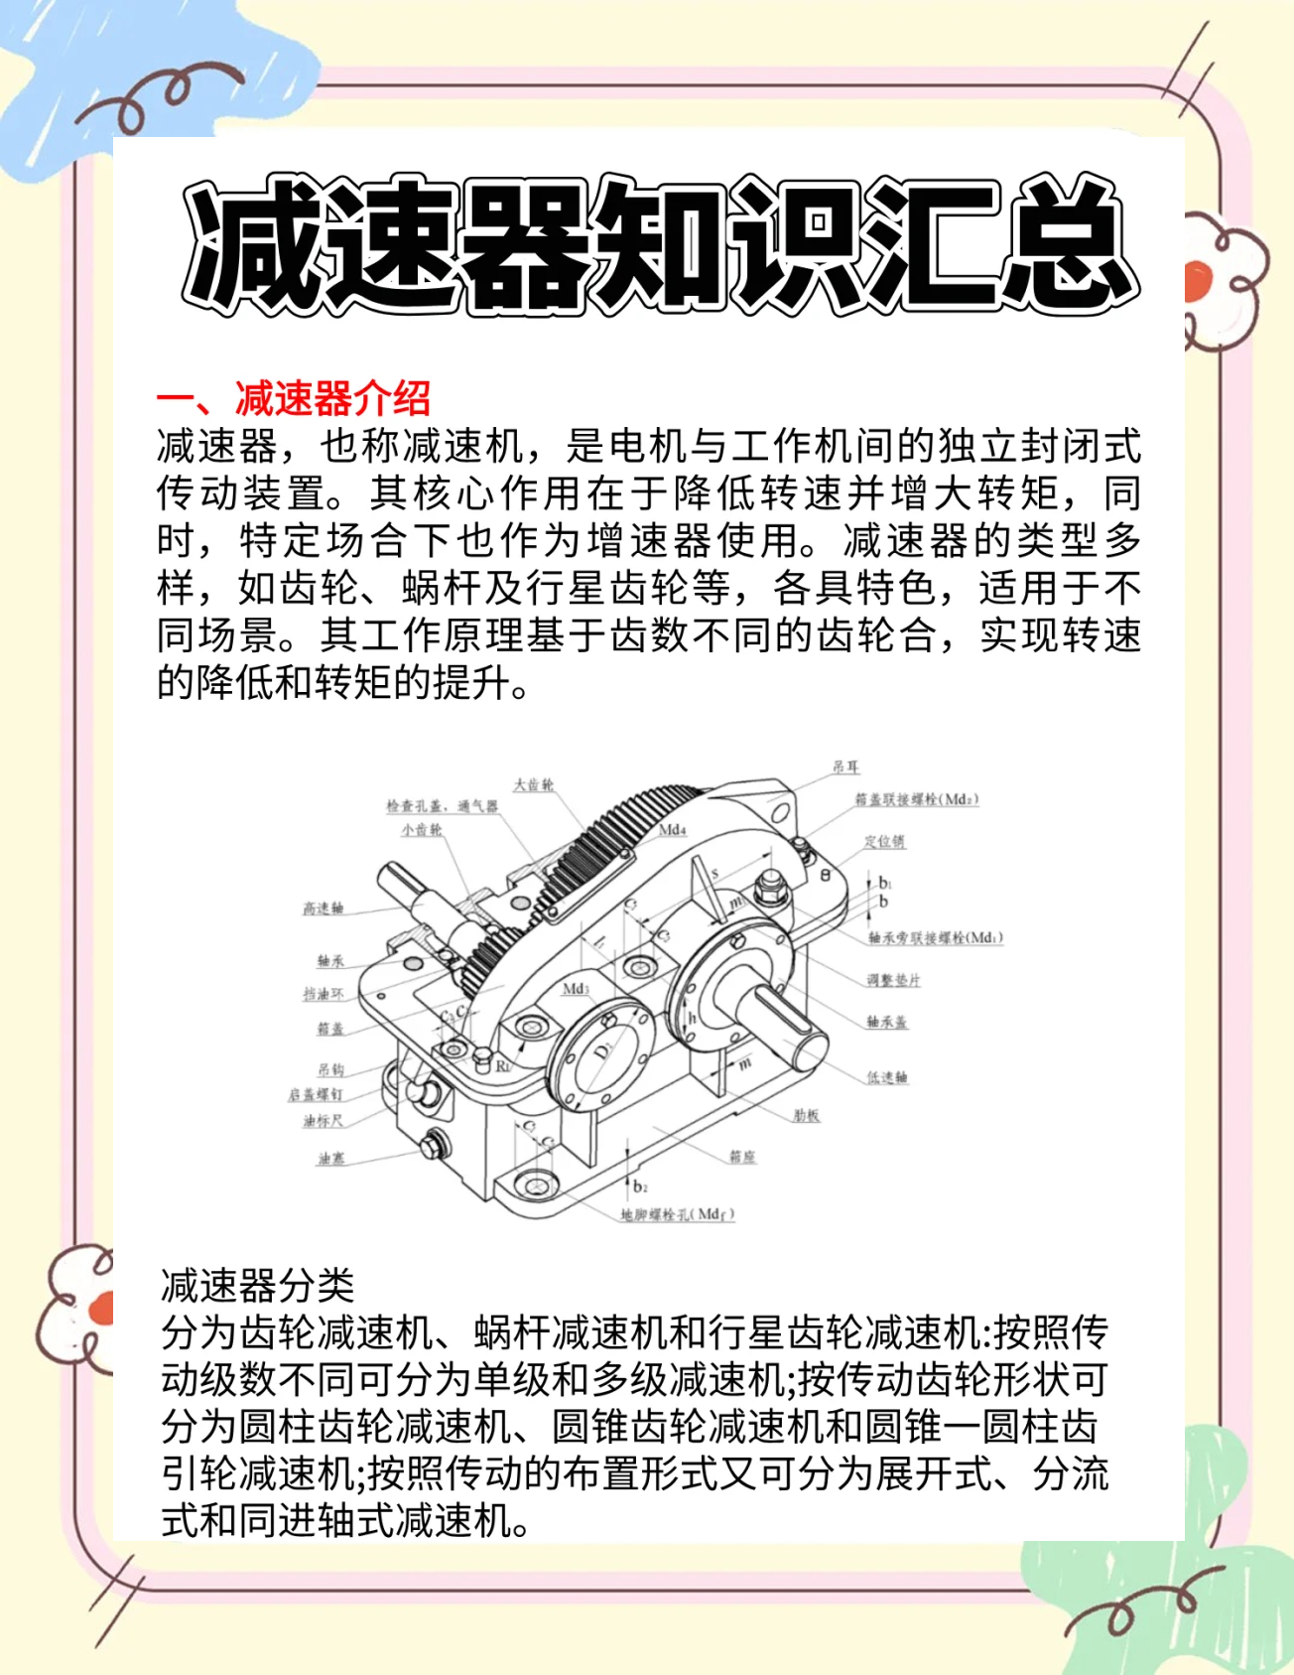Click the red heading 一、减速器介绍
coord(294,399)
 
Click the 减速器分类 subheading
coord(257,1286)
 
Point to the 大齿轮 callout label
coord(533,785)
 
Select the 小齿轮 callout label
coord(422,830)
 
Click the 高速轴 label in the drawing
coord(323,908)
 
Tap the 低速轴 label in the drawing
coord(886,1077)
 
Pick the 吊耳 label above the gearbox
coord(845,768)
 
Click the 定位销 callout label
coord(883,842)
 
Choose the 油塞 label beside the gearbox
coord(330,1159)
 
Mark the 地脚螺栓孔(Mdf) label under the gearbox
coord(678,1214)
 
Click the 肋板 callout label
coord(806,1116)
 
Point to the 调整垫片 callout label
coord(893,981)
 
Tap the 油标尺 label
coord(323,1121)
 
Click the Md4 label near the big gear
coord(672,830)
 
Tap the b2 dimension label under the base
coord(640,1186)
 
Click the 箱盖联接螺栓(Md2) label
coord(917,799)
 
